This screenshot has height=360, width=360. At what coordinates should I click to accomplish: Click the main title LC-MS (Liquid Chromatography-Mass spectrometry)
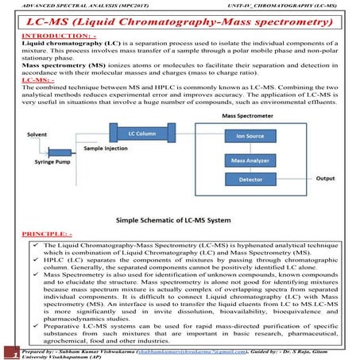pyautogui.click(x=180, y=22)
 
